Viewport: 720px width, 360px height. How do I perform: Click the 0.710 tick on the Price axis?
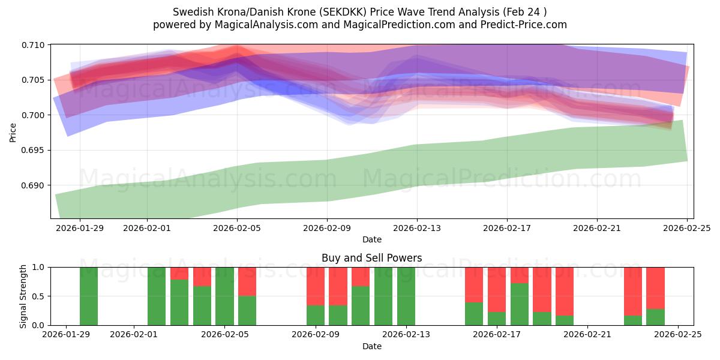click(x=34, y=45)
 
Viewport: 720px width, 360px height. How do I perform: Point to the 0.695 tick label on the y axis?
click(x=34, y=150)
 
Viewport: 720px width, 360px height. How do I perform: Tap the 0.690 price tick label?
click(x=34, y=185)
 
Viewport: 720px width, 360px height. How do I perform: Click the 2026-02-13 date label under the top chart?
click(x=417, y=228)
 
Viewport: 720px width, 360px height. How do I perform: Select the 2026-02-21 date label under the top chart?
click(x=597, y=228)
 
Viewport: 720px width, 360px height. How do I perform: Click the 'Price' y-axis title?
click(x=13, y=132)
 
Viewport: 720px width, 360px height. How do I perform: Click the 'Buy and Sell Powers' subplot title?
click(x=371, y=258)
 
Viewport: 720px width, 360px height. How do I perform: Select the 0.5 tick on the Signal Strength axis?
click(x=40, y=296)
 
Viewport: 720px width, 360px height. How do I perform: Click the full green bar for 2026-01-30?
click(x=89, y=296)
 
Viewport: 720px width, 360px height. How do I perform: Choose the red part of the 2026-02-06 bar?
click(x=247, y=281)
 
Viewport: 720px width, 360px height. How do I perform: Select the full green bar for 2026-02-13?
click(x=406, y=296)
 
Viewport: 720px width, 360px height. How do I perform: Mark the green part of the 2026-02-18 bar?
click(x=519, y=304)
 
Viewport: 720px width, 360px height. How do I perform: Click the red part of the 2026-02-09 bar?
click(x=316, y=286)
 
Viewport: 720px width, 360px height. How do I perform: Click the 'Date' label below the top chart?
click(x=371, y=239)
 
